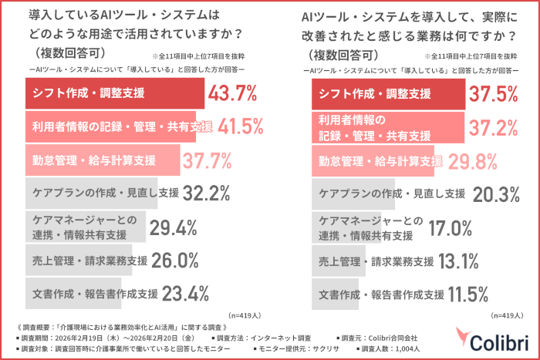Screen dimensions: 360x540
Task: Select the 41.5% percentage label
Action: coord(245,127)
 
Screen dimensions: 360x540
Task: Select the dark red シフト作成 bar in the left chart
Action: coord(116,94)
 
